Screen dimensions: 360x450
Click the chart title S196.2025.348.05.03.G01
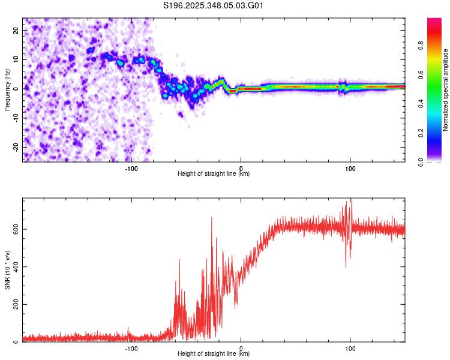[214, 6]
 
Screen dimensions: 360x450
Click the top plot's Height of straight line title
[214, 174]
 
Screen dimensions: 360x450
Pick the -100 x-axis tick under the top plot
[131, 168]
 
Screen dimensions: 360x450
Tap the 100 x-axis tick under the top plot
[350, 168]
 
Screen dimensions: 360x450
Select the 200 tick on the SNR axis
[14, 304]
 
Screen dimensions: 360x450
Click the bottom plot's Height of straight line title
[214, 354]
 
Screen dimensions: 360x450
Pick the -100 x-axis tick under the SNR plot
[131, 348]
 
